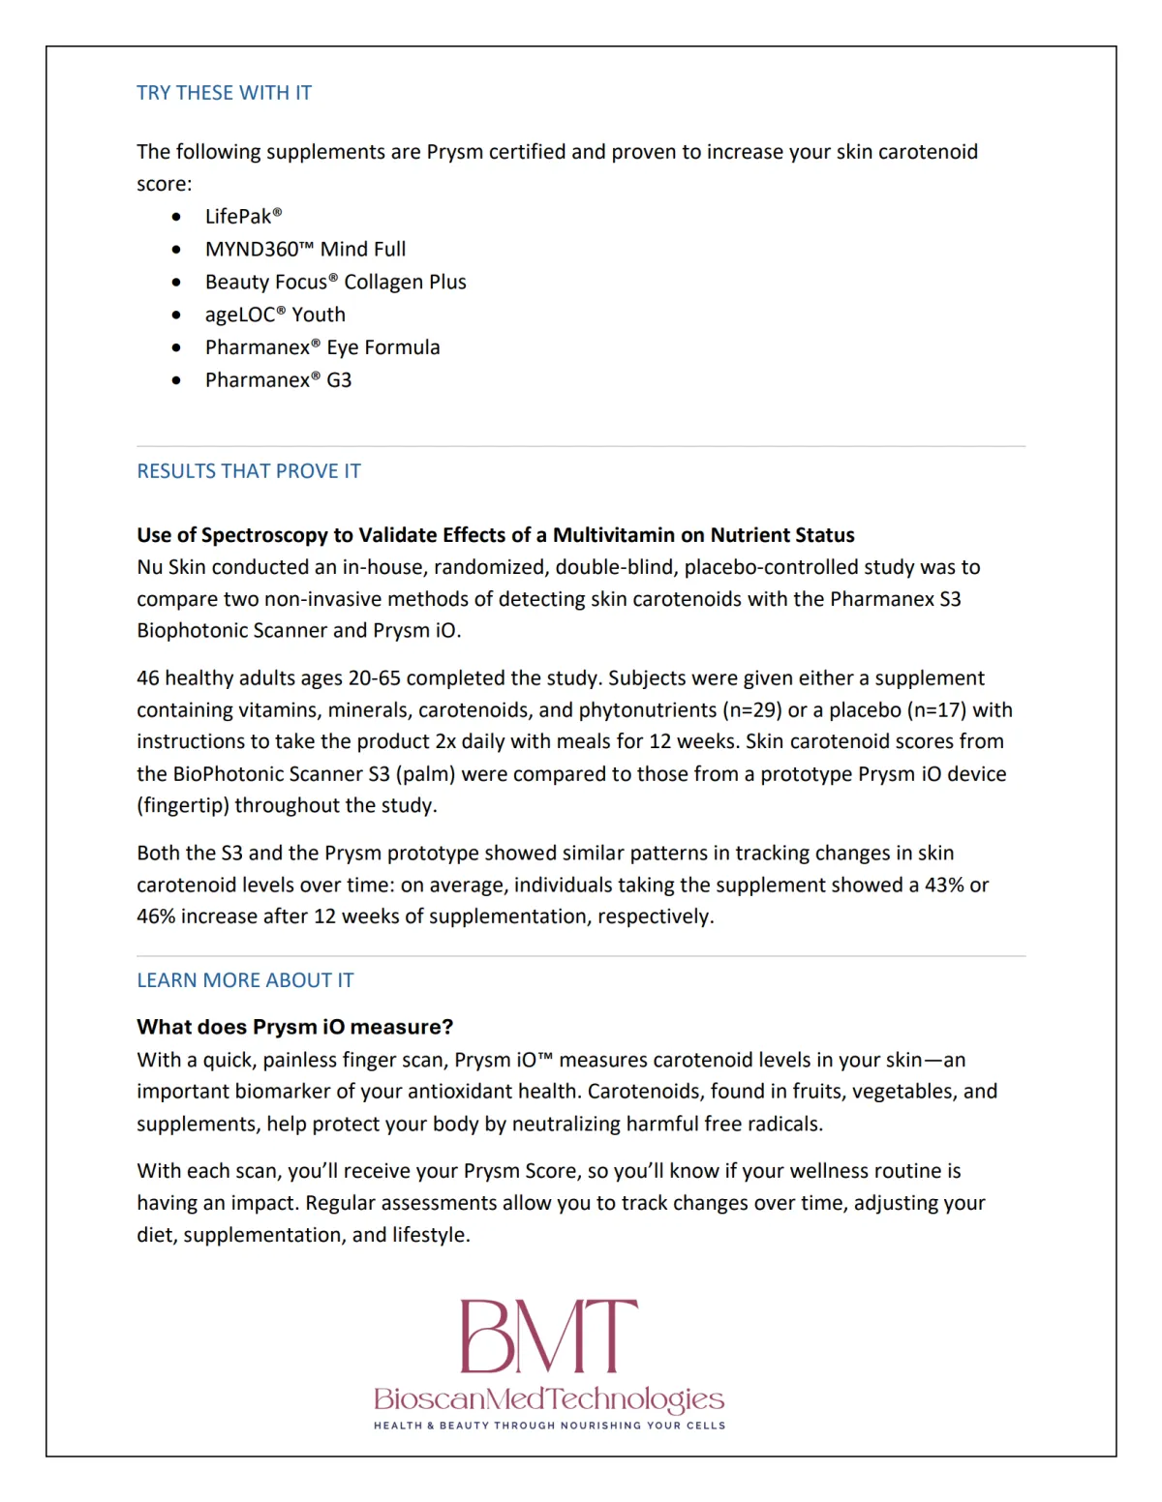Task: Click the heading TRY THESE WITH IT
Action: coord(224,93)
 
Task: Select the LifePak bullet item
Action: coord(243,217)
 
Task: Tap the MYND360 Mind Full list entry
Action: coord(305,250)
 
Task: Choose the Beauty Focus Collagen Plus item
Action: coord(335,283)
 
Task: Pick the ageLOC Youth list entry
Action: coord(275,315)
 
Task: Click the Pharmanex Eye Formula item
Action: coord(322,347)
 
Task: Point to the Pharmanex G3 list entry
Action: coord(278,380)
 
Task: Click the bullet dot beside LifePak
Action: coord(176,218)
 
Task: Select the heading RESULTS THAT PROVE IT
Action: coord(249,471)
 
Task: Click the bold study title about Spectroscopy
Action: coord(495,535)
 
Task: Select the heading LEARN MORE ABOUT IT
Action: coord(245,980)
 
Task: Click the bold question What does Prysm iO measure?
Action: coord(294,1027)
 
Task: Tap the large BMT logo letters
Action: coord(548,1336)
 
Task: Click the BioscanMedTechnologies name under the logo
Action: coord(548,1399)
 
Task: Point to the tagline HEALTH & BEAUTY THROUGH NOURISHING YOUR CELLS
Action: coord(549,1426)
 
